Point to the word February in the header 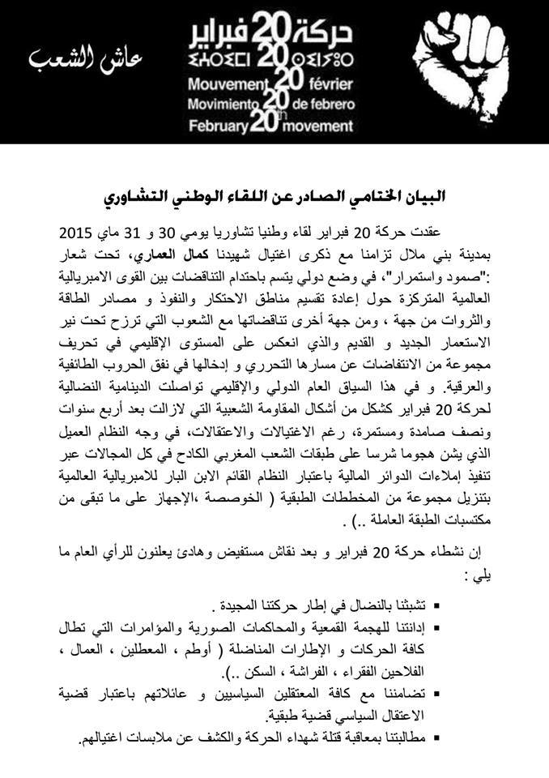click(x=219, y=126)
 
